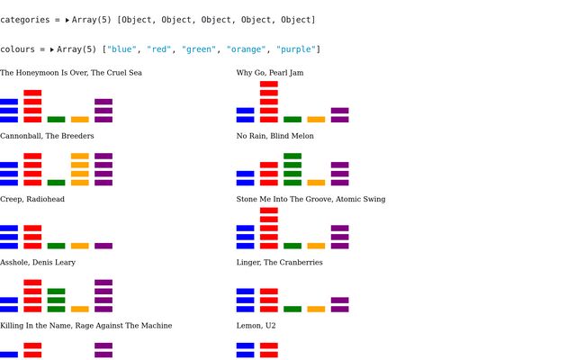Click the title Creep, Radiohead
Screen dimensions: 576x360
(x=32, y=199)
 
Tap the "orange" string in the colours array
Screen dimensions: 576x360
(x=246, y=49)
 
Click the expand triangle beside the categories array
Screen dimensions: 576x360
(x=67, y=20)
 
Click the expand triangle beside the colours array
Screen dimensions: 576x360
(x=52, y=49)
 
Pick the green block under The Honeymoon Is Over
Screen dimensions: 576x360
(x=56, y=120)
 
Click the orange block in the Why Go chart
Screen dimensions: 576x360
(x=316, y=120)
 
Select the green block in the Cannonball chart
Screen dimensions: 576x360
(x=56, y=183)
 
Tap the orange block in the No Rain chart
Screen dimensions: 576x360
(x=316, y=183)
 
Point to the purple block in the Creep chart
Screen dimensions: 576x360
(x=103, y=246)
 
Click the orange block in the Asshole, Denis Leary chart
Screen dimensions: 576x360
(x=80, y=309)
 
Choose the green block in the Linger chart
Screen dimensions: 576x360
(x=292, y=309)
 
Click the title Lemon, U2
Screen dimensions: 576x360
(x=256, y=326)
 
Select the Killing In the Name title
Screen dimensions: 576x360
(x=86, y=326)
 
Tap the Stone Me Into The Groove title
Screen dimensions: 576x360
(x=310, y=199)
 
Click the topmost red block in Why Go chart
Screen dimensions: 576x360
(x=269, y=84)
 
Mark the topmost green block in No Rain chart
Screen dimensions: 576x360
(x=292, y=156)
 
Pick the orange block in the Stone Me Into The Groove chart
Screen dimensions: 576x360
(x=316, y=246)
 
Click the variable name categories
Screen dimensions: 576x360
(x=25, y=20)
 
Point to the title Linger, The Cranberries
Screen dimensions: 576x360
(x=280, y=262)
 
